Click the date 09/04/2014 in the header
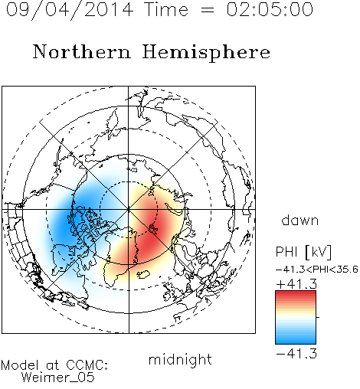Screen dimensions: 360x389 (70, 10)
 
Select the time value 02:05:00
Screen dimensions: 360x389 (270, 9)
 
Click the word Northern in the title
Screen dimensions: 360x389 (82, 52)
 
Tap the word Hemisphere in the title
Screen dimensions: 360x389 (206, 53)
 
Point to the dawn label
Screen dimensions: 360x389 (300, 221)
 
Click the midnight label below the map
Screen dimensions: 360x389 (180, 359)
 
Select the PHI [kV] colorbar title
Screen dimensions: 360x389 (303, 252)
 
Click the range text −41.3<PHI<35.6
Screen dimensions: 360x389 (317, 270)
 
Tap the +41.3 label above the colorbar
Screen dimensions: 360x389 (296, 284)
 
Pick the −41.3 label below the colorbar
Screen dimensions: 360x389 (296, 354)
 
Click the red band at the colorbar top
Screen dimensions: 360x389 (296, 294)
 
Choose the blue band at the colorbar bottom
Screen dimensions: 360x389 (296, 340)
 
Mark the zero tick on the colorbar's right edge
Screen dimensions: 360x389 (318, 317)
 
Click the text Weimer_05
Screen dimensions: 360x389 (58, 378)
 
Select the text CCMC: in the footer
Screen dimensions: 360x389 (87, 365)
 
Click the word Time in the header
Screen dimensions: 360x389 (166, 9)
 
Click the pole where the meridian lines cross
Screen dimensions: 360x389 (129, 209)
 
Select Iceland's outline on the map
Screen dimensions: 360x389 (143, 274)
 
